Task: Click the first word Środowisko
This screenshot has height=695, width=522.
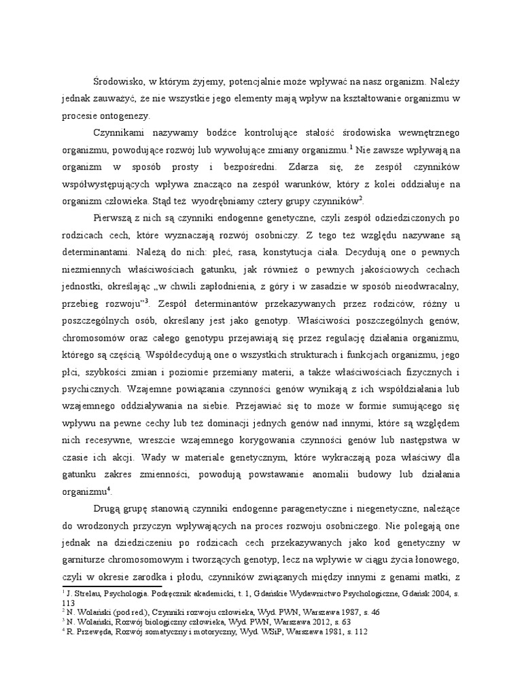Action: (x=120, y=81)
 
